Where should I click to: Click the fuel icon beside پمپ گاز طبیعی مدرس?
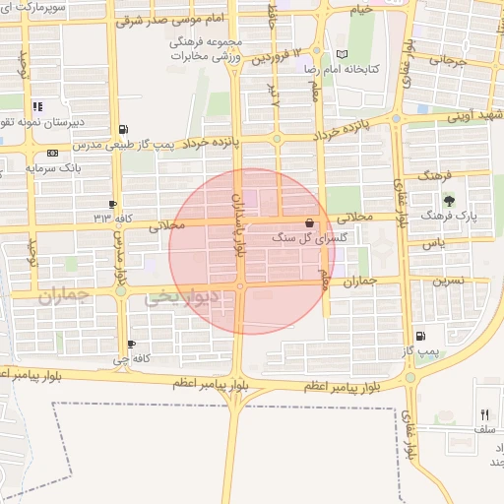tap(122, 129)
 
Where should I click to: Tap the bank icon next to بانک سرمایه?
tap(51, 153)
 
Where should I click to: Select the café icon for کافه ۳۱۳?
tap(113, 204)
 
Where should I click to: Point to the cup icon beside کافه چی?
tap(132, 345)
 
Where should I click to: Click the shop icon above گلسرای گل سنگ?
tap(311, 223)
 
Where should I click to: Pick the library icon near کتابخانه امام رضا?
tap(342, 54)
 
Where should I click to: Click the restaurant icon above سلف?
tap(483, 414)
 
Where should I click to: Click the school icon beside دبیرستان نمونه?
tap(37, 107)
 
